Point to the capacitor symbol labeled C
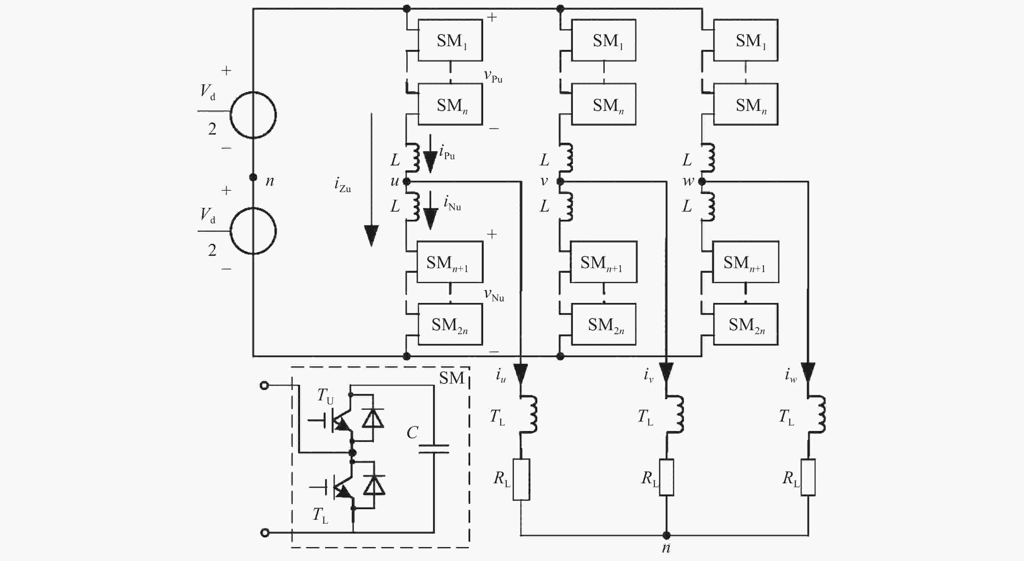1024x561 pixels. tap(434, 449)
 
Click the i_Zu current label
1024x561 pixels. tap(343, 185)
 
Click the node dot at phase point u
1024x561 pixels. tap(406, 182)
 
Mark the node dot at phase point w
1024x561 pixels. tap(702, 182)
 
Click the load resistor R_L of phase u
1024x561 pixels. tap(521, 479)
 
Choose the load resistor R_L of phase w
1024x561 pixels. tap(808, 477)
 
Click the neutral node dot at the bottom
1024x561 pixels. tap(666, 535)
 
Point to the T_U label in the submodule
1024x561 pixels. tap(325, 396)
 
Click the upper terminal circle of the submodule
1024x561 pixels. tap(264, 385)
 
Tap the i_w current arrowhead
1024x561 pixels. tap(808, 372)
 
